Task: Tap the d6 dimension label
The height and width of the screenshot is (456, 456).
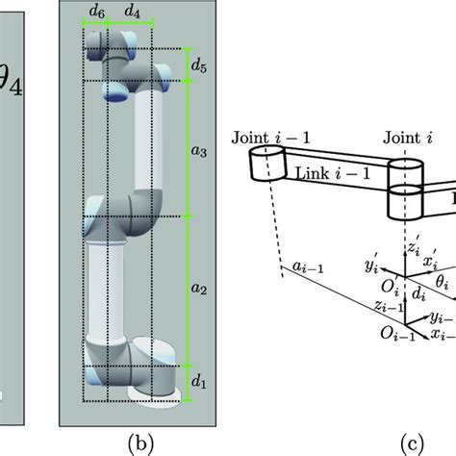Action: tap(97, 13)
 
